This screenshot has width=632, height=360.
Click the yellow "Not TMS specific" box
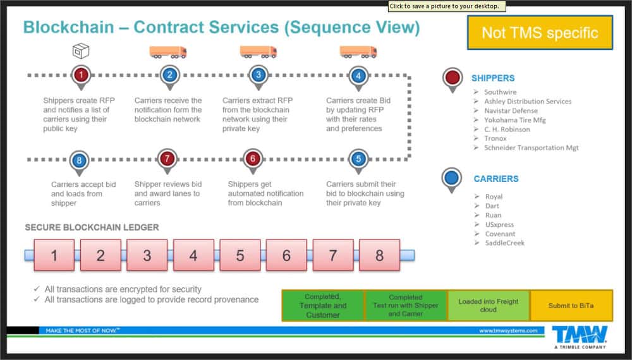click(540, 33)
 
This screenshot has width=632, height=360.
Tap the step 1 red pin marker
click(80, 75)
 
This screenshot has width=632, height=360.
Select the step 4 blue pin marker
click(358, 76)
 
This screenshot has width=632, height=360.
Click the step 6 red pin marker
click(253, 159)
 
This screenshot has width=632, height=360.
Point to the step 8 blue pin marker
click(79, 160)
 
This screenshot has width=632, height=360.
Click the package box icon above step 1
click(80, 51)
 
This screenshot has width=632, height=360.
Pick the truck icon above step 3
click(258, 51)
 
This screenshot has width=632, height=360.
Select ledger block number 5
click(240, 255)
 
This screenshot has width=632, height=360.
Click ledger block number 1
click(54, 255)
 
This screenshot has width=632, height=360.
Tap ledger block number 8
click(379, 255)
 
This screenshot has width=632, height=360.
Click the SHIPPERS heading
click(493, 78)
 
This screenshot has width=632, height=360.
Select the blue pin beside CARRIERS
click(451, 179)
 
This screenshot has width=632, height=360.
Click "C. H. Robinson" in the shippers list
click(507, 129)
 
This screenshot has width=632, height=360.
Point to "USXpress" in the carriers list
click(499, 224)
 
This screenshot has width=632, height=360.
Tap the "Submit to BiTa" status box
click(571, 306)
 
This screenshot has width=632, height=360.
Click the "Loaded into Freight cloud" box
click(489, 306)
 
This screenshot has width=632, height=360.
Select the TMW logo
click(579, 335)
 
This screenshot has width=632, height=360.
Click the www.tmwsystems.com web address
click(508, 330)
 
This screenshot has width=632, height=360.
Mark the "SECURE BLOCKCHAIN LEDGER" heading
click(92, 227)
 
